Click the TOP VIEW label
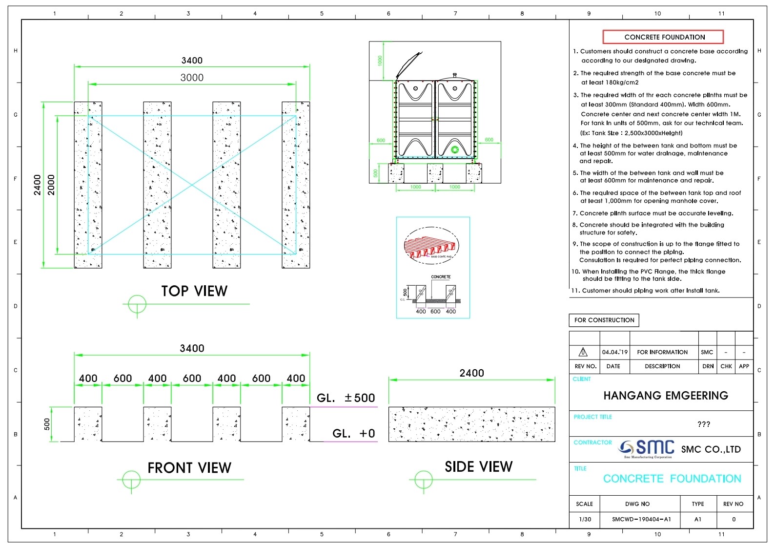194,291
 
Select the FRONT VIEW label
189,468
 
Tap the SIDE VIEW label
478,467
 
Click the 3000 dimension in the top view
192,78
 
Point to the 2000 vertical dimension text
51,185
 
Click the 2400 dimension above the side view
471,373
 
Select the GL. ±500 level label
346,398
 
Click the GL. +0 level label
353,434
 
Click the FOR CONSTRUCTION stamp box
604,320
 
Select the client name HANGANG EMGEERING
665,396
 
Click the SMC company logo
647,448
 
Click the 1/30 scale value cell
584,519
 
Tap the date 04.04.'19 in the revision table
614,352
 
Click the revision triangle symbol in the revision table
583,352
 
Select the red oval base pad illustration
431,246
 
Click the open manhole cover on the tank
408,65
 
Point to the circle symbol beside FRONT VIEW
131,480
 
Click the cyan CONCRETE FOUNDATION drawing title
672,479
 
